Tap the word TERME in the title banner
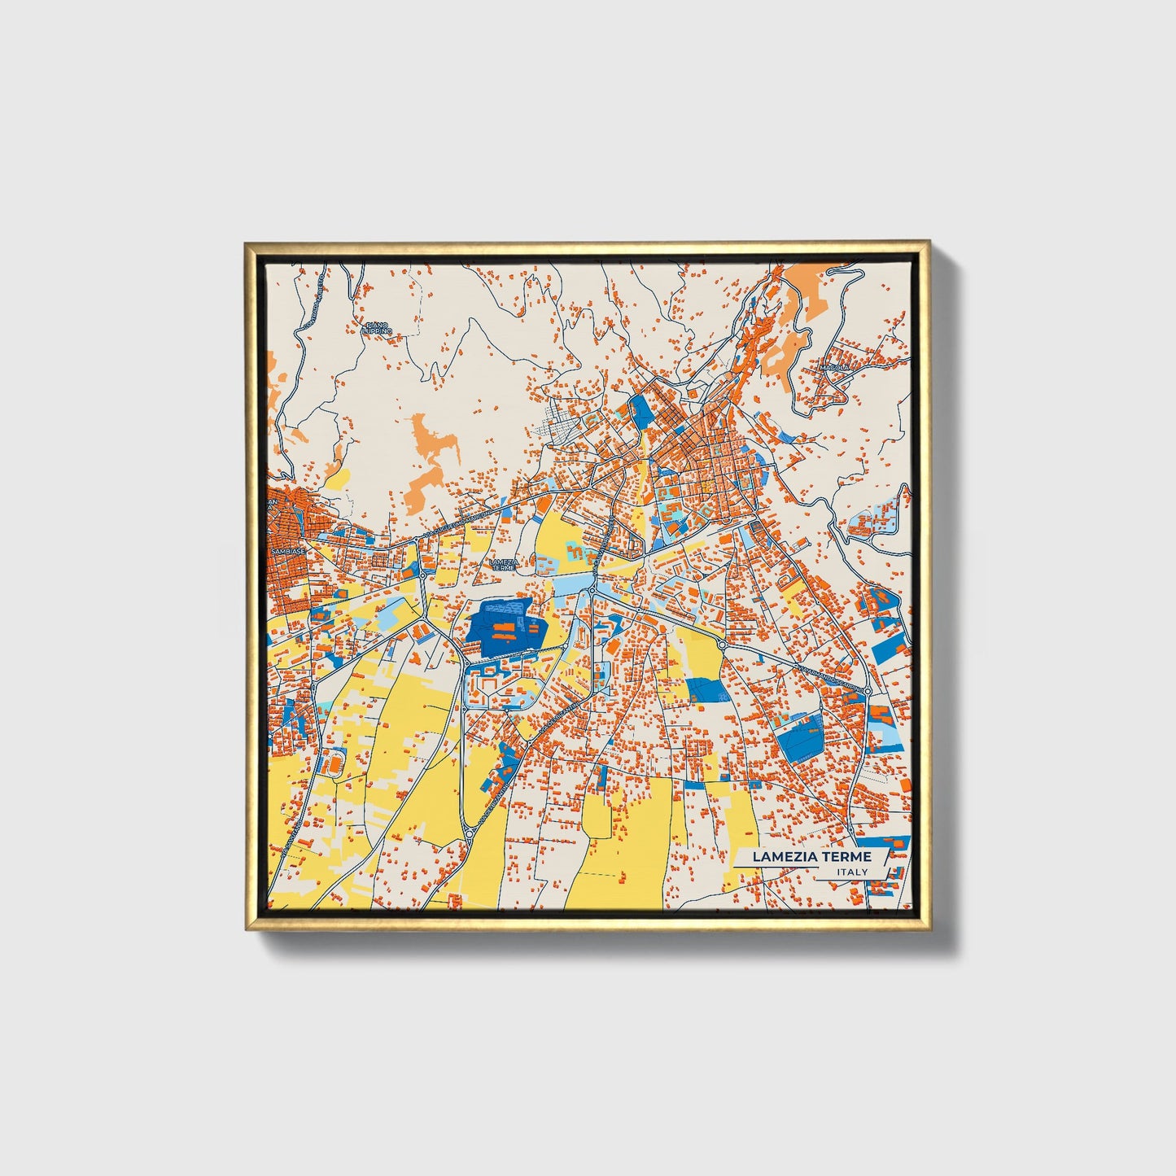(846, 856)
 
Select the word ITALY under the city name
(851, 872)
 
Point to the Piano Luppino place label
(378, 328)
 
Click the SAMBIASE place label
(288, 551)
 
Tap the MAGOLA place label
(834, 368)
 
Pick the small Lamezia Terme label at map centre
(504, 563)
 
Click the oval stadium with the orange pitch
(333, 765)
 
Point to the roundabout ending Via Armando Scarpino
(868, 692)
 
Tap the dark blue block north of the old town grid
(641, 411)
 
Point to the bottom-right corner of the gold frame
(928, 928)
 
